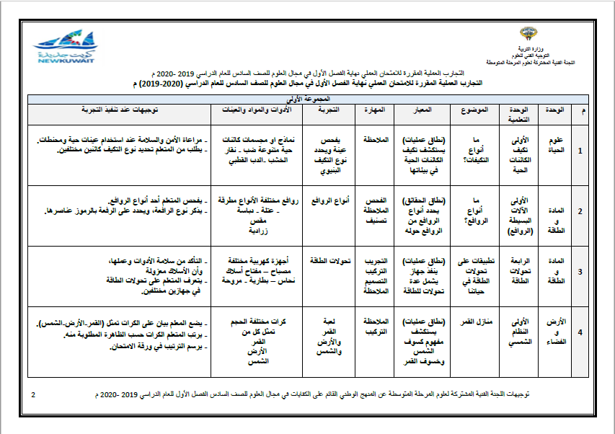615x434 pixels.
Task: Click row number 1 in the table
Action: (582, 151)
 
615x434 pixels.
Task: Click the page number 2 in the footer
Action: (33, 395)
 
